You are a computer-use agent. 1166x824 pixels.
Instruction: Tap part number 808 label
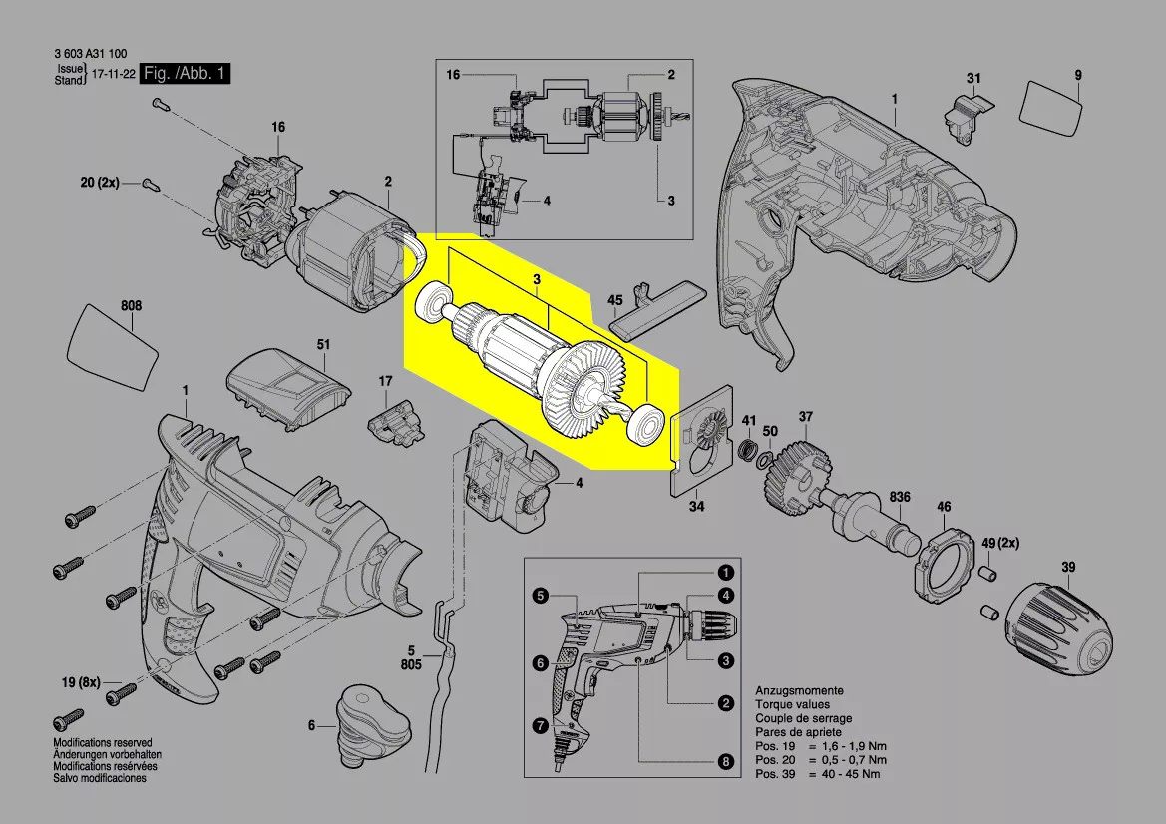131,306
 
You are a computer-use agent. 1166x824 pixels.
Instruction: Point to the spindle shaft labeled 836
878,523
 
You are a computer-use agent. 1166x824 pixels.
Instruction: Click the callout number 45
615,300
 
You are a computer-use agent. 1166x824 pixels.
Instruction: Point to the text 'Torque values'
786,704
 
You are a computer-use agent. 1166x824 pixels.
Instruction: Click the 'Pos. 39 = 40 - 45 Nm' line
818,774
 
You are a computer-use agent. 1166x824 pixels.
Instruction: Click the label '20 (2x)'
100,183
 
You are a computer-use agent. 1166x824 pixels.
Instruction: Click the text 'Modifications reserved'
103,743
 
